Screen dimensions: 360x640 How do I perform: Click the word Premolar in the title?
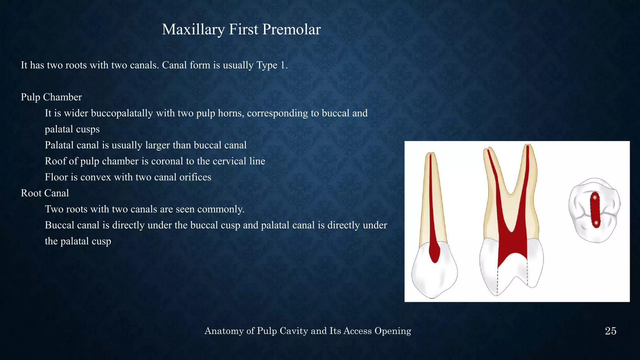click(x=291, y=29)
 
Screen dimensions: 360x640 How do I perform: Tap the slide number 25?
click(x=610, y=331)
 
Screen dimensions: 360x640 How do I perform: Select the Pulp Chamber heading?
click(x=51, y=97)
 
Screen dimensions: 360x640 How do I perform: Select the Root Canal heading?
click(x=45, y=193)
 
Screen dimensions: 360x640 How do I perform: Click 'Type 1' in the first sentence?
click(x=271, y=65)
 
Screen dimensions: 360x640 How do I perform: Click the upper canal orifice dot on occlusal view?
click(x=595, y=197)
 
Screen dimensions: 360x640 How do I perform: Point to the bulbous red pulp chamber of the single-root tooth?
click(x=434, y=252)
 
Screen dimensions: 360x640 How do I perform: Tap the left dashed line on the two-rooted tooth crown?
click(x=497, y=281)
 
